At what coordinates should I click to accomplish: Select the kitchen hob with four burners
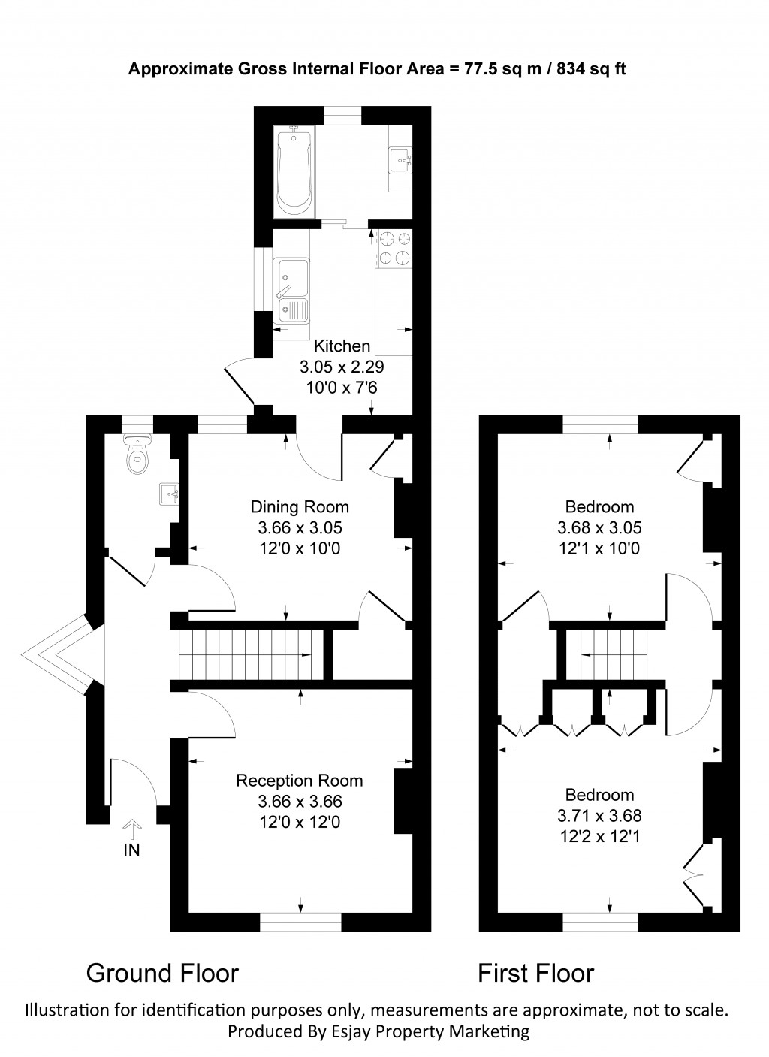click(395, 249)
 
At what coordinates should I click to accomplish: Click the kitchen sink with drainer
click(291, 289)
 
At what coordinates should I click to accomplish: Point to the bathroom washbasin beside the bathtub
click(401, 159)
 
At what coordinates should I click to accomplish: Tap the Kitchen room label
click(342, 346)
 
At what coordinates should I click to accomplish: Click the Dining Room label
click(300, 506)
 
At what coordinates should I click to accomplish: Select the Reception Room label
click(300, 781)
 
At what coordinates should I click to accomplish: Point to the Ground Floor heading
click(162, 973)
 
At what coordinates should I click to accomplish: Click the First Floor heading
click(536, 974)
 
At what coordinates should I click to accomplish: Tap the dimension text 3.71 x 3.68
click(599, 815)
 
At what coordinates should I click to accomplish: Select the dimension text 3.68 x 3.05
click(599, 528)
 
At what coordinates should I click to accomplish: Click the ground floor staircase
click(245, 654)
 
